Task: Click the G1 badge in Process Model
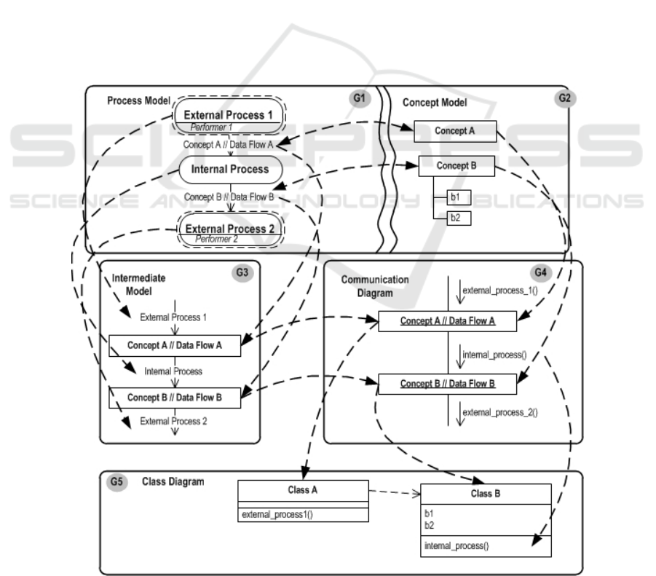(x=360, y=98)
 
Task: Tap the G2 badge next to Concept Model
(x=565, y=98)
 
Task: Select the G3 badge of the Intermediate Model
(x=242, y=273)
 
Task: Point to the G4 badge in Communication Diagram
(x=541, y=273)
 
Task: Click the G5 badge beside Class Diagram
(x=116, y=482)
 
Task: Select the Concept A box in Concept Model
(x=455, y=131)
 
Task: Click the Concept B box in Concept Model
(x=457, y=166)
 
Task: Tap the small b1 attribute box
(x=459, y=197)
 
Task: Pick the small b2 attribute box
(x=459, y=218)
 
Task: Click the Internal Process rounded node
(x=231, y=170)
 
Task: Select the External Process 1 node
(x=229, y=116)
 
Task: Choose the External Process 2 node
(x=231, y=229)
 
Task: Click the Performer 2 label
(x=216, y=240)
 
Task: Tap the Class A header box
(x=303, y=491)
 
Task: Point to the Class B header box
(x=486, y=494)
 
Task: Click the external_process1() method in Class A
(x=277, y=515)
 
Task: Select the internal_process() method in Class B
(x=457, y=546)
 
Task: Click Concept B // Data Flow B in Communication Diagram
(x=447, y=384)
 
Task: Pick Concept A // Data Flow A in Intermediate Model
(x=175, y=345)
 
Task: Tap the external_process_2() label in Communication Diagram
(x=500, y=413)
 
